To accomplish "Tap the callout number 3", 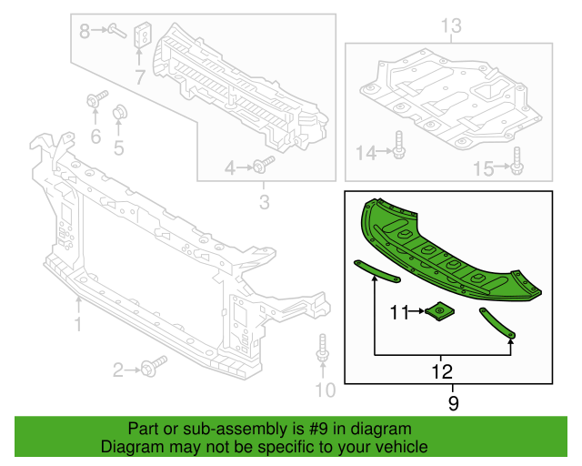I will tap(265, 202).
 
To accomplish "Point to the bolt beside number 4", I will tap(263, 166).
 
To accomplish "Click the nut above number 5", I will tap(118, 114).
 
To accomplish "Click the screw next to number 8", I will tap(115, 31).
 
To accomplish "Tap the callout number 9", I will tap(452, 400).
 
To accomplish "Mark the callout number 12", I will tap(442, 371).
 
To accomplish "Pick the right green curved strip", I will tap(497, 324).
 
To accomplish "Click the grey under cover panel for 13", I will tap(446, 100).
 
